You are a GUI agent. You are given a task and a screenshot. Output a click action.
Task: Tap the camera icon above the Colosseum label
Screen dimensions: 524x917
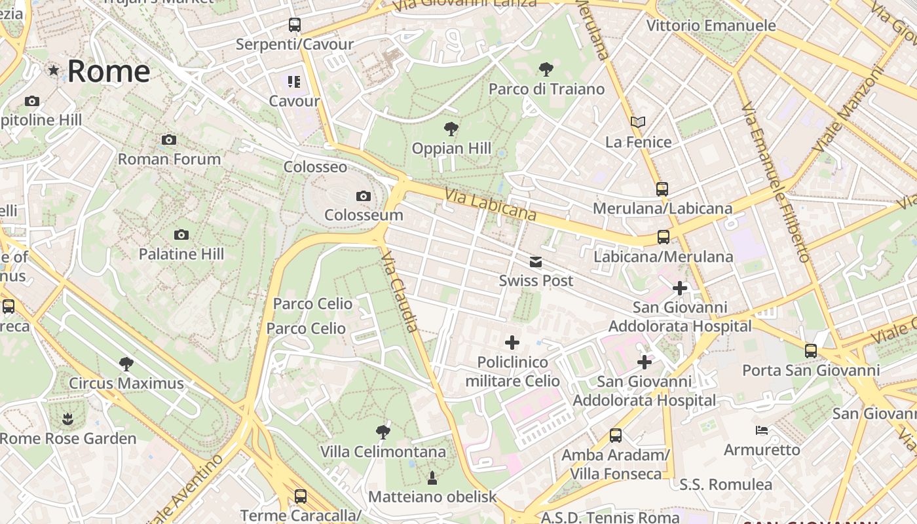[363, 196]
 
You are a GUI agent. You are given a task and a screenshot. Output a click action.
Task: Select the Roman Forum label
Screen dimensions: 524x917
[169, 159]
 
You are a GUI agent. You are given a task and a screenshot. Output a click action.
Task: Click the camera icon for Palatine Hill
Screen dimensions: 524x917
[181, 234]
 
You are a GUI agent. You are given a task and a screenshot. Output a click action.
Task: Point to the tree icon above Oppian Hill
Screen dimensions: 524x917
[451, 129]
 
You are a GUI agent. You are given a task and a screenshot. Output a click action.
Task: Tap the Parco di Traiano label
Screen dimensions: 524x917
[546, 89]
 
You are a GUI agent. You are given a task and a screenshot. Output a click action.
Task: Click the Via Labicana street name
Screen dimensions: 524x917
[490, 204]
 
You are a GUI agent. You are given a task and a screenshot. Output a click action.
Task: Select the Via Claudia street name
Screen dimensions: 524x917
[399, 291]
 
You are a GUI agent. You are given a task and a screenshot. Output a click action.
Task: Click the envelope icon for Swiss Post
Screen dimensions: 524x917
[536, 262]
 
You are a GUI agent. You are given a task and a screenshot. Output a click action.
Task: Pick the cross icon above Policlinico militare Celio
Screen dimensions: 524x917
[512, 343]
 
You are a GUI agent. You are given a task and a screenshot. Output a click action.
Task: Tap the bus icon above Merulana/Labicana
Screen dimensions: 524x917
[662, 189]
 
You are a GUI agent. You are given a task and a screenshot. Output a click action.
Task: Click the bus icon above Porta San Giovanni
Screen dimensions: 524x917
[811, 351]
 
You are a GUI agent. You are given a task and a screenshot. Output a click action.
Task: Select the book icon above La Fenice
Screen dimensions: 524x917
[638, 122]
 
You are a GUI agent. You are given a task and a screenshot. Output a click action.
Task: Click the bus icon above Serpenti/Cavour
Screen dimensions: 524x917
[295, 25]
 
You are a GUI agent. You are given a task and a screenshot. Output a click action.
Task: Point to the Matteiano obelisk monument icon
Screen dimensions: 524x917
[432, 477]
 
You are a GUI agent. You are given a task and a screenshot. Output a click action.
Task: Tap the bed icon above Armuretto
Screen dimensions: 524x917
[762, 430]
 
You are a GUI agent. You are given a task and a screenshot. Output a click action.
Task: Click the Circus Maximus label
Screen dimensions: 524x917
[126, 383]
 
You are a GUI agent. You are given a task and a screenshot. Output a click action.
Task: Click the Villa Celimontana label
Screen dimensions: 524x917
[383, 452]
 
